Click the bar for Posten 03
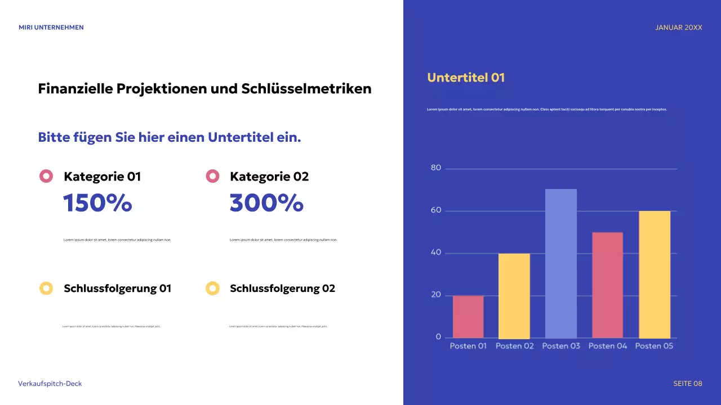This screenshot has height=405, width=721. (x=561, y=263)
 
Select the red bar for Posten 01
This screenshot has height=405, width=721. (x=468, y=317)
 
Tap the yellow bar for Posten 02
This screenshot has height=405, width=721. (x=514, y=295)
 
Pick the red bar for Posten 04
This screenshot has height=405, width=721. (x=607, y=285)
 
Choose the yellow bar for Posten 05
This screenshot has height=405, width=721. (x=655, y=274)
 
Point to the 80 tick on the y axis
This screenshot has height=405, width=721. (x=436, y=168)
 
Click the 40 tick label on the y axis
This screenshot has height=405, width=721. (x=436, y=253)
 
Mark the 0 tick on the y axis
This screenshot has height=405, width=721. (x=438, y=337)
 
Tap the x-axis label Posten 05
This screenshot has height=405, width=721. (x=654, y=346)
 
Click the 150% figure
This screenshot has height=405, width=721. (x=97, y=203)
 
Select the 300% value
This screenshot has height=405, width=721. (x=266, y=203)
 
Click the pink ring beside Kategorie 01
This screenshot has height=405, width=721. (x=46, y=177)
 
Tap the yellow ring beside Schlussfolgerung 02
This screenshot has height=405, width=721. (x=212, y=289)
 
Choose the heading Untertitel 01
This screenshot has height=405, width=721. (x=466, y=78)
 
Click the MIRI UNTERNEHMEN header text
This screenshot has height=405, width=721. (x=51, y=28)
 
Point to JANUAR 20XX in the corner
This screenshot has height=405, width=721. (x=679, y=28)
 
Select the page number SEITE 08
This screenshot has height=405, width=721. (x=688, y=384)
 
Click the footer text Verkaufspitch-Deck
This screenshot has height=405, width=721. (x=50, y=384)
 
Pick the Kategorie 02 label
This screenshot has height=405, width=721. (x=269, y=177)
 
